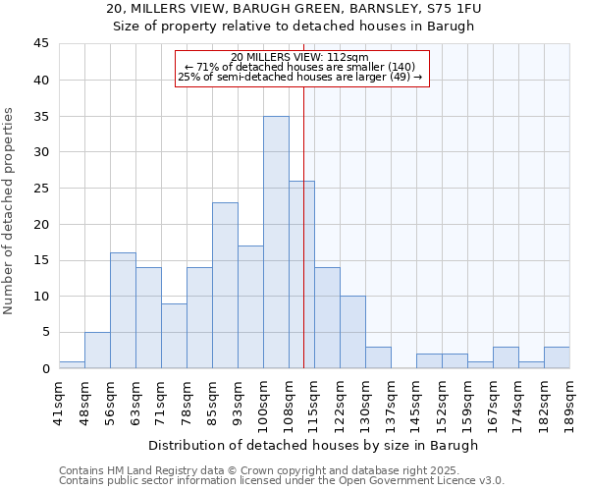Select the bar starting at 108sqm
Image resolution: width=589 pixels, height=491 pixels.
click(x=301, y=274)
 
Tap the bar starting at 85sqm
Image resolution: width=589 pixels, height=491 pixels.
click(x=225, y=285)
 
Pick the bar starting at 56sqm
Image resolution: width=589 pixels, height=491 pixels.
click(x=123, y=310)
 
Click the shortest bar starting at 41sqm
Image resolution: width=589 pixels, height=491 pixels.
click(x=72, y=364)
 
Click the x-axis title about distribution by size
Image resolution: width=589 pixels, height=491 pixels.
click(x=314, y=445)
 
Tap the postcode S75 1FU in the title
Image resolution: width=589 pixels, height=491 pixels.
click(x=455, y=9)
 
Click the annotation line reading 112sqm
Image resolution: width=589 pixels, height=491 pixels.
click(x=301, y=57)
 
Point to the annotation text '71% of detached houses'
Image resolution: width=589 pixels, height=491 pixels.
click(x=301, y=67)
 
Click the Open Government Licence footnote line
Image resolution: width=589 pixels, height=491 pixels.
click(x=282, y=481)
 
